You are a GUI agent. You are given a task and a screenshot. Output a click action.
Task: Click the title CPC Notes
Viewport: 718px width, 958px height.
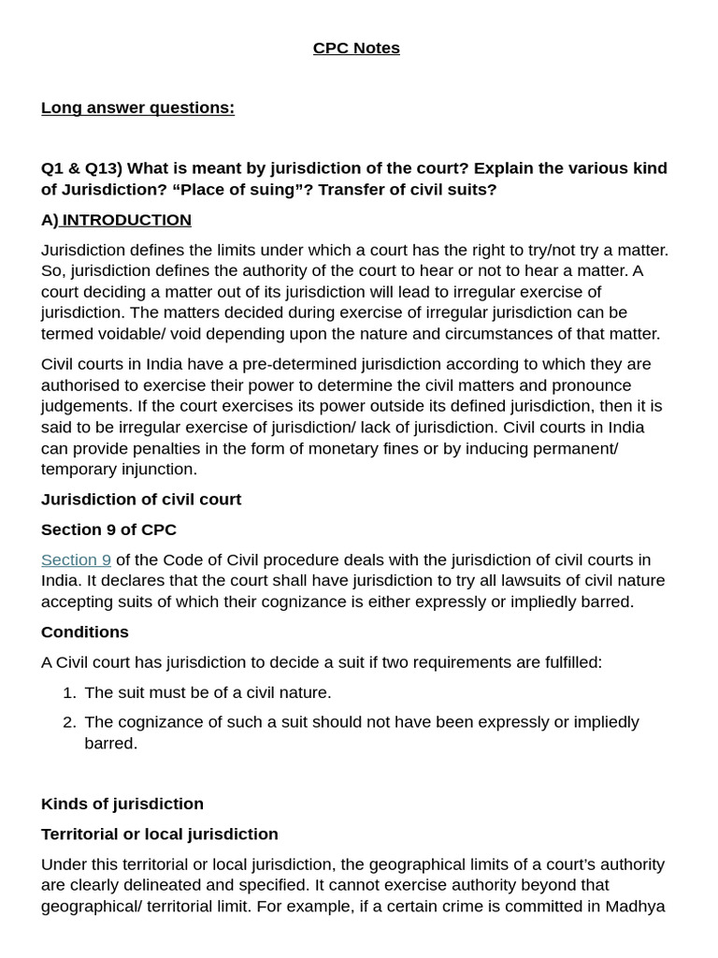pyautogui.click(x=356, y=48)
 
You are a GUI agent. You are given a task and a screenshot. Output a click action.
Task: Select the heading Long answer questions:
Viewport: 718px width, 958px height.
pyautogui.click(x=137, y=108)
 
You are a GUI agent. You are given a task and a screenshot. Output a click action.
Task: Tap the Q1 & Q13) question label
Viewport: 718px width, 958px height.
pyautogui.click(x=81, y=168)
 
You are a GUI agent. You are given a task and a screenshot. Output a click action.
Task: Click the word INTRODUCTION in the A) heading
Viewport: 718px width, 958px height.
pyautogui.click(x=126, y=220)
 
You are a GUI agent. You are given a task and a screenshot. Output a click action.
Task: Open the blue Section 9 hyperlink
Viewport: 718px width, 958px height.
pyautogui.click(x=76, y=559)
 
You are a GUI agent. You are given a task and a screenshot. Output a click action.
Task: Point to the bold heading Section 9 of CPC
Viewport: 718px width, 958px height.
pyautogui.click(x=108, y=530)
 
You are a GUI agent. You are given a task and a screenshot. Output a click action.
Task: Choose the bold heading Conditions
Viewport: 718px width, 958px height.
pyautogui.click(x=84, y=631)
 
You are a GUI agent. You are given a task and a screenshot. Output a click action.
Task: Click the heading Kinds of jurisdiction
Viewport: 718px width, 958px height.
pyautogui.click(x=122, y=804)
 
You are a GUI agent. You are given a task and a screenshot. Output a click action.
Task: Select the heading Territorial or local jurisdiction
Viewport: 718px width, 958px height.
pyautogui.click(x=159, y=834)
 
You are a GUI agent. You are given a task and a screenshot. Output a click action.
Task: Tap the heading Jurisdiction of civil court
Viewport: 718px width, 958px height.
pyautogui.click(x=140, y=500)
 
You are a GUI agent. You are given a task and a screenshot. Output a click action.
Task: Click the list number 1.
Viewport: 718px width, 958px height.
pyautogui.click(x=68, y=692)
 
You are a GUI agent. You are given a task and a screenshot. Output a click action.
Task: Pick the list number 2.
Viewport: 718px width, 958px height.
pyautogui.click(x=68, y=722)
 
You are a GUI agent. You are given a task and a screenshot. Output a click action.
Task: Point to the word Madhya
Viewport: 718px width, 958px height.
pyautogui.click(x=635, y=906)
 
